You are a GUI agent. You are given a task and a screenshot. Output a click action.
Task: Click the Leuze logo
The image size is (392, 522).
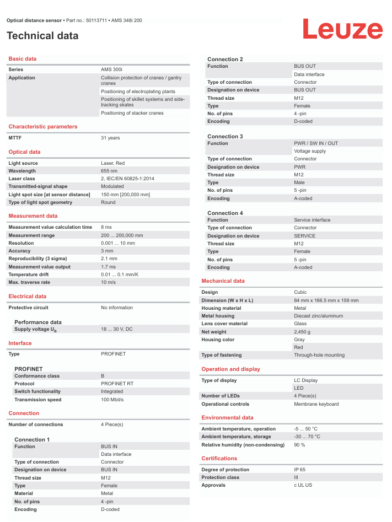[x=342, y=29]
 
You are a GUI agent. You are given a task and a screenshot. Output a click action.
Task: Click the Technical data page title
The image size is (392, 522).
[x=42, y=36]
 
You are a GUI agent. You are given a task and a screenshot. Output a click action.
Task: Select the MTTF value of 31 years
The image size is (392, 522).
[x=110, y=138]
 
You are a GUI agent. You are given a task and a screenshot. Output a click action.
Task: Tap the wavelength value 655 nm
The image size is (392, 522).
[x=109, y=171]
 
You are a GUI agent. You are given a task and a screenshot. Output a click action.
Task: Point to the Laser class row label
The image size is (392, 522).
[x=22, y=179]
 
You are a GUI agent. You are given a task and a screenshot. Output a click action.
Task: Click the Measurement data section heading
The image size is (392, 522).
[x=33, y=216]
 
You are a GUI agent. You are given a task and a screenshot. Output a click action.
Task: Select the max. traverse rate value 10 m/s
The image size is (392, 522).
[x=108, y=282]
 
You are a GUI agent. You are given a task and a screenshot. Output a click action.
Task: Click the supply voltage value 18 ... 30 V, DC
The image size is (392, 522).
[x=117, y=329]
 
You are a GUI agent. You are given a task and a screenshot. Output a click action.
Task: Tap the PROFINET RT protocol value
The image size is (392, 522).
[x=117, y=384]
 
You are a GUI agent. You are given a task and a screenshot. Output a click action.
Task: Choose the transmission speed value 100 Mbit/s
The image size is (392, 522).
[x=112, y=400]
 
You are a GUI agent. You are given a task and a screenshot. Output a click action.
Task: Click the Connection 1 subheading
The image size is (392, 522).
[x=32, y=439]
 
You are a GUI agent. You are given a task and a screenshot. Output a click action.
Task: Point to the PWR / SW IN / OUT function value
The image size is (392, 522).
[x=316, y=143]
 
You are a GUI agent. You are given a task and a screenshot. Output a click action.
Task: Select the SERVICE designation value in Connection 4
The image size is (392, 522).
[x=305, y=236]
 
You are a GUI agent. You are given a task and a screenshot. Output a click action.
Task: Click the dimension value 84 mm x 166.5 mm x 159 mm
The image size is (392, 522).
[x=326, y=300]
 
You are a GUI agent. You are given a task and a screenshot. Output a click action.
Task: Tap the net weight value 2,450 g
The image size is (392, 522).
[x=302, y=332]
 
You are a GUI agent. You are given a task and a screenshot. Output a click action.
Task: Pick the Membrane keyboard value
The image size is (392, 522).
[x=316, y=404]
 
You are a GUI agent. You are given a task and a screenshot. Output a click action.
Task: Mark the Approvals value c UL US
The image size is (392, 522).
[x=303, y=485]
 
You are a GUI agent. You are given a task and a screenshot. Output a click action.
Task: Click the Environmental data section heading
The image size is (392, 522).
[x=227, y=418]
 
